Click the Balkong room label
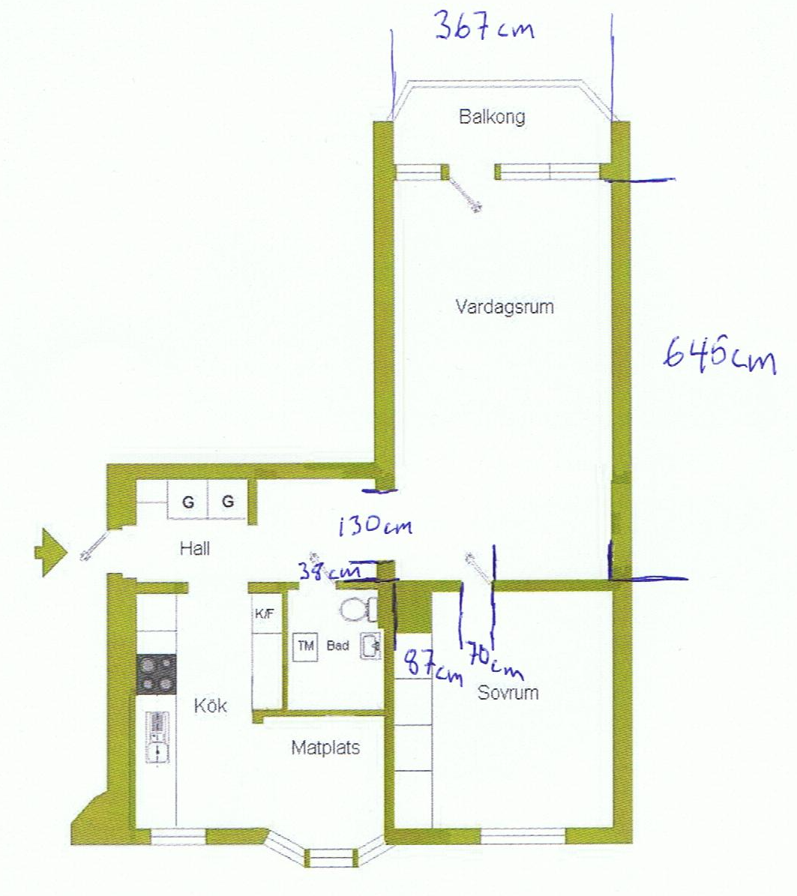click(x=492, y=116)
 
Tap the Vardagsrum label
click(x=505, y=307)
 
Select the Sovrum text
click(x=508, y=693)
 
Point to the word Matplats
click(x=325, y=748)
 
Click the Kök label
click(x=210, y=705)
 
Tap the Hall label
click(x=195, y=549)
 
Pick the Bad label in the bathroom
click(x=337, y=646)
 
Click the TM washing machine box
click(x=306, y=646)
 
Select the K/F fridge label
click(x=264, y=614)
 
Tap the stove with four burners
click(x=156, y=674)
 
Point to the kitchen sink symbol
click(x=157, y=737)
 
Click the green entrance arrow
click(x=51, y=553)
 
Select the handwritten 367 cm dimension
click(x=484, y=27)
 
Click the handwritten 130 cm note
click(x=376, y=526)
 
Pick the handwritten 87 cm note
click(x=433, y=667)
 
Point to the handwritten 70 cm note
click(x=494, y=659)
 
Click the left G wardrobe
click(x=187, y=501)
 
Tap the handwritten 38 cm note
click(x=329, y=571)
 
